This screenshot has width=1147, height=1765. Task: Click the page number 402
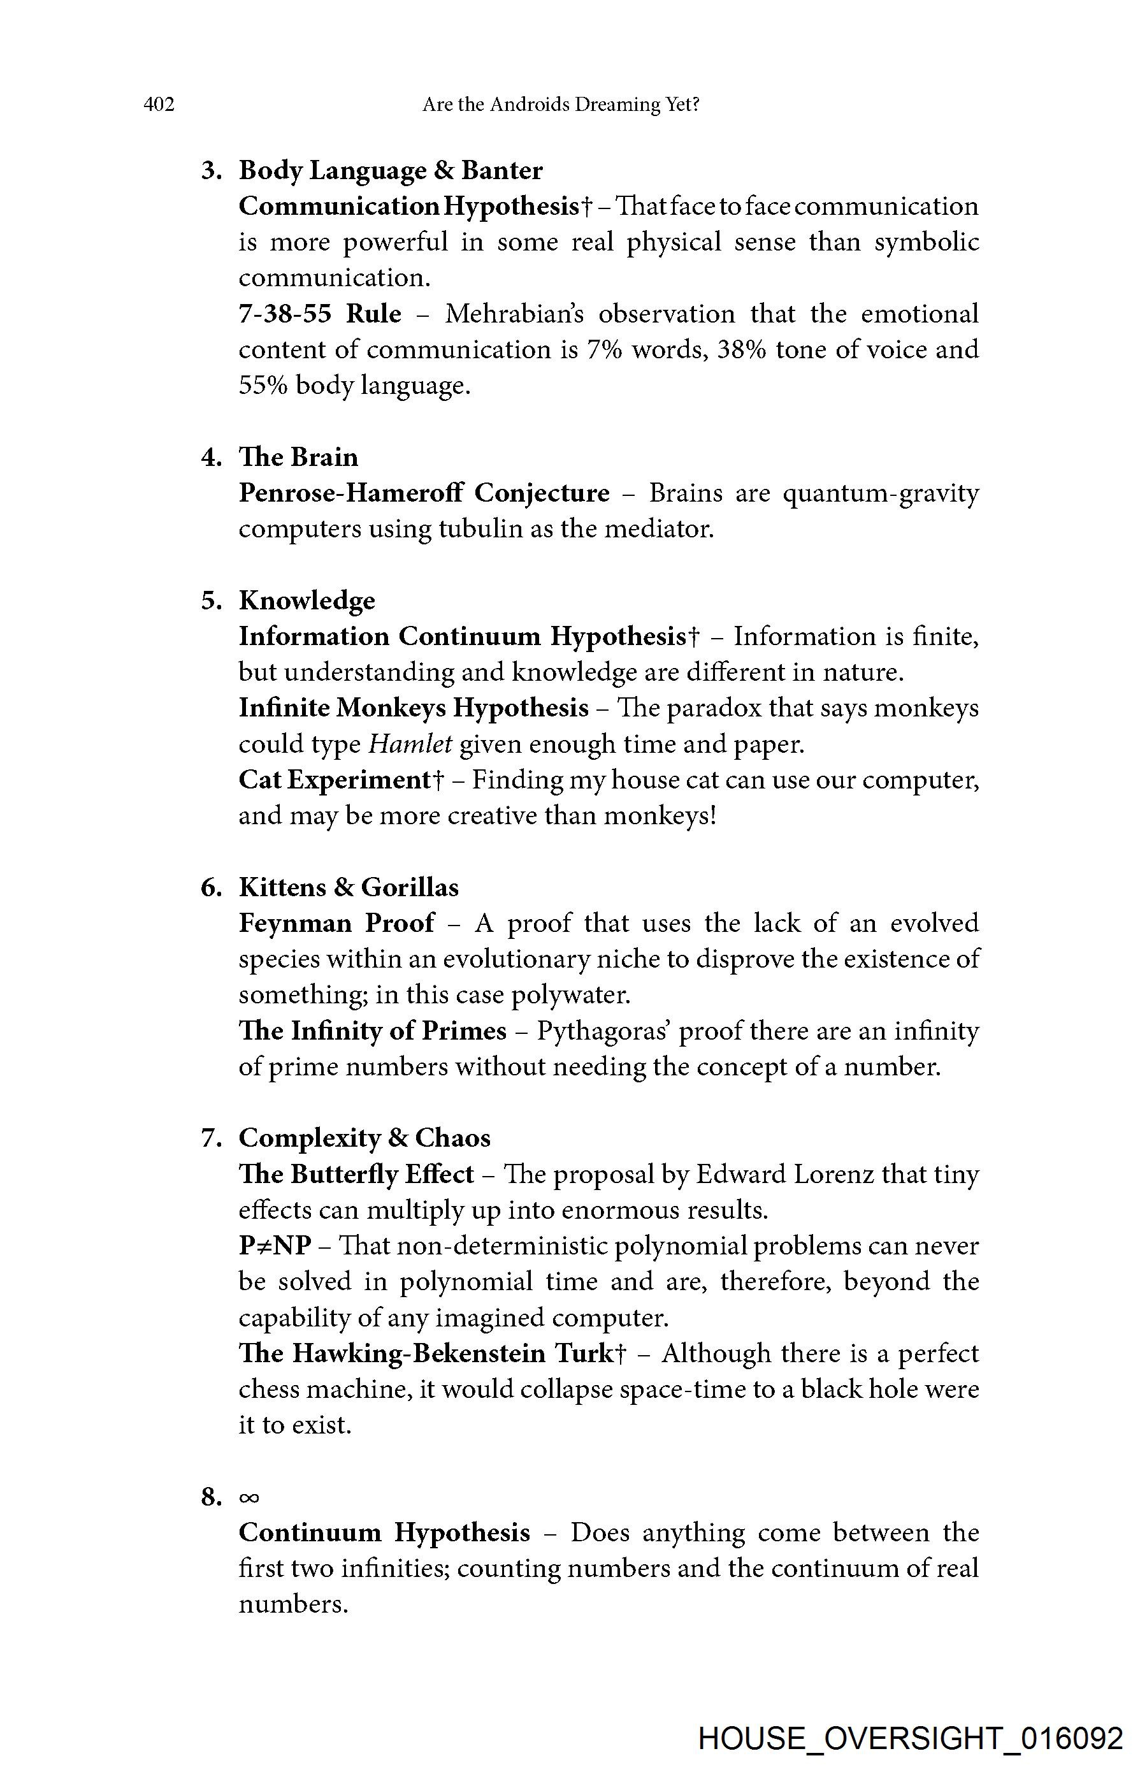point(159,105)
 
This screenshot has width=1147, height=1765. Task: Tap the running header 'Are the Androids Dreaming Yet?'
point(561,105)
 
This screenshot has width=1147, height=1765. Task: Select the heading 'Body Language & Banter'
point(390,171)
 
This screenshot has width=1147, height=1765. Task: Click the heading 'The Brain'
point(298,457)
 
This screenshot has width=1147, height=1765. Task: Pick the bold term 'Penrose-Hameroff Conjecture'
point(423,493)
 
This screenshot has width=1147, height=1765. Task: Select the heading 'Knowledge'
point(307,600)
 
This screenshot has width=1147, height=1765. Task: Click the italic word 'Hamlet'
point(410,744)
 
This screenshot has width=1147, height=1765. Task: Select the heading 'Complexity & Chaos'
point(364,1138)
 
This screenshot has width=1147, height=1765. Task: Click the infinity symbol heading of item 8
point(249,1497)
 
